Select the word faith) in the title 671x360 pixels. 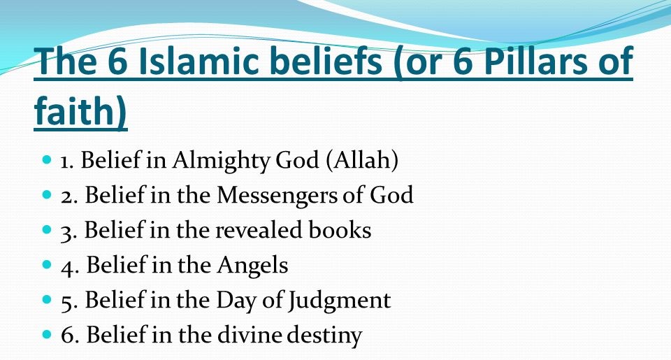click(x=80, y=112)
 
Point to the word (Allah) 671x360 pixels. click(x=361, y=161)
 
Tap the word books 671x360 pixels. click(x=340, y=231)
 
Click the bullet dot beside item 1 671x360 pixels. click(x=48, y=161)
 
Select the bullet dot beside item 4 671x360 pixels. click(x=48, y=266)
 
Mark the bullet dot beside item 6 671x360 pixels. click(x=48, y=336)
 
